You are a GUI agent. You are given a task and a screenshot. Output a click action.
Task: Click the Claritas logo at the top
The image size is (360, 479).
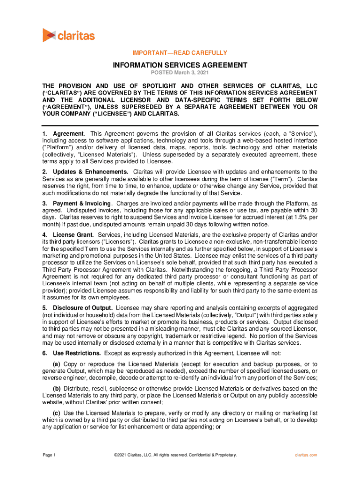tap(68, 35)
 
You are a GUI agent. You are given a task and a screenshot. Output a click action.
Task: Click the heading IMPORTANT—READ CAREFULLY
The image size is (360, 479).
tap(180, 53)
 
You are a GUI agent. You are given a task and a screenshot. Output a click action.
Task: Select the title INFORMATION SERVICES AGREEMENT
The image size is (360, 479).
tap(180, 65)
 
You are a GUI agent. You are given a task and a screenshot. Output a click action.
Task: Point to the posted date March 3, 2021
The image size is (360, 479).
tap(180, 73)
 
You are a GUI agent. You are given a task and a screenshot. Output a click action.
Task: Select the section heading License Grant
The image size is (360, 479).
tap(74, 234)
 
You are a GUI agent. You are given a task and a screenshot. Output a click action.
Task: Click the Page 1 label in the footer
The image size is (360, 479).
tap(50, 455)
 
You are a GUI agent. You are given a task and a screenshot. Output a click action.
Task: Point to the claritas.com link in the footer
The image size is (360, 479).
tap(306, 455)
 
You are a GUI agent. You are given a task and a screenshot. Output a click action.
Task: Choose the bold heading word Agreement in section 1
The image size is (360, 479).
tap(68, 134)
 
